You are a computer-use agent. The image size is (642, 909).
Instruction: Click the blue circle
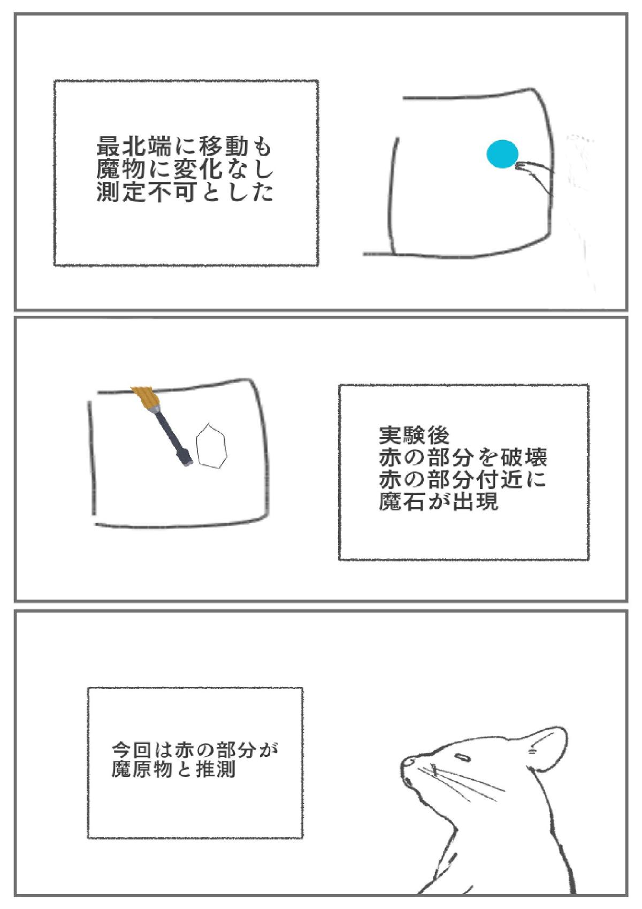503,154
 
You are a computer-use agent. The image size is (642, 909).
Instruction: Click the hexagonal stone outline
211,446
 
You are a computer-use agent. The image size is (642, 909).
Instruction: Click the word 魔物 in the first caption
121,169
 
